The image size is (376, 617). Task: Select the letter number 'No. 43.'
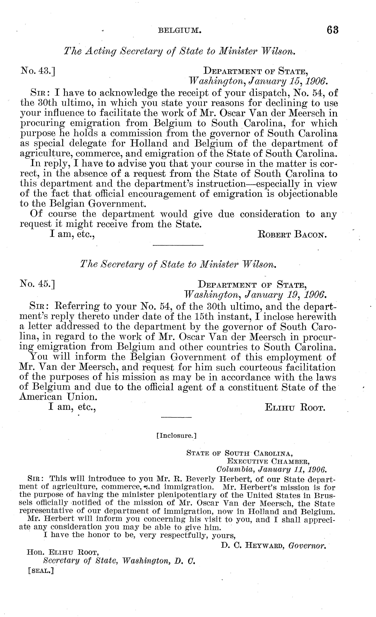tap(38, 71)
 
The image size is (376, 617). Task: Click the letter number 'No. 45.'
tap(38, 284)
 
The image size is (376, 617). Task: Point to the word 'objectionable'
tap(307, 194)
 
